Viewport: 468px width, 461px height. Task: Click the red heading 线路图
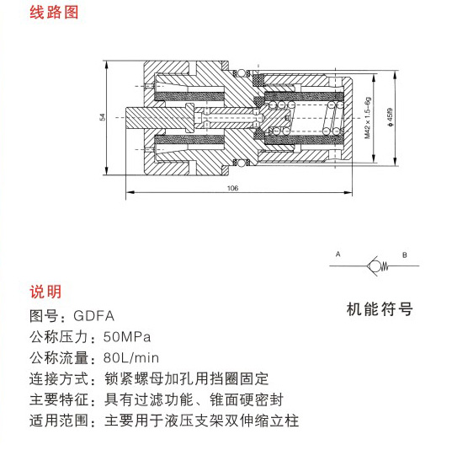[x=54, y=13]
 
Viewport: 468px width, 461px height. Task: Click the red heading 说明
[x=45, y=292]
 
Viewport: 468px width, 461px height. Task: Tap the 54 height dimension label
[x=103, y=117]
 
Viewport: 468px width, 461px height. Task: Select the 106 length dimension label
[x=232, y=188]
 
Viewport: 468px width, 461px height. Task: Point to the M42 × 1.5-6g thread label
[x=368, y=118]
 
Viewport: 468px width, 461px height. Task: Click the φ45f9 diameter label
[x=390, y=117]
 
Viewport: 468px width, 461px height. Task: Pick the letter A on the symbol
[x=338, y=255]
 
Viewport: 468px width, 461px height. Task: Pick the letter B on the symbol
[x=405, y=255]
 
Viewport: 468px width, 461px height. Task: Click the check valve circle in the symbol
[x=375, y=265]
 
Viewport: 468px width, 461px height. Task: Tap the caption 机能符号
[x=380, y=309]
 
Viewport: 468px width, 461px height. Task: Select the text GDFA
[x=93, y=316]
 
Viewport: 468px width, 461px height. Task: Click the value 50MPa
[x=127, y=337]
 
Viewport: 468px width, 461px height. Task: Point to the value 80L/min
[x=131, y=358]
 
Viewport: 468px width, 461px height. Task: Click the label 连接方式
[x=59, y=379]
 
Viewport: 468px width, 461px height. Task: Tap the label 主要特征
[x=59, y=399]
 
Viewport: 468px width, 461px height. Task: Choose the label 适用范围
[x=59, y=421]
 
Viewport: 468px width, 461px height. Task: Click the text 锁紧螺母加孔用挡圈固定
[x=187, y=379]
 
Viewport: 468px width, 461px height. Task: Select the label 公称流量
[x=59, y=358]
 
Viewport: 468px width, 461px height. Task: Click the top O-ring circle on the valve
[x=242, y=73]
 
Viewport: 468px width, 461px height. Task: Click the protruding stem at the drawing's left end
[x=135, y=118]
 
